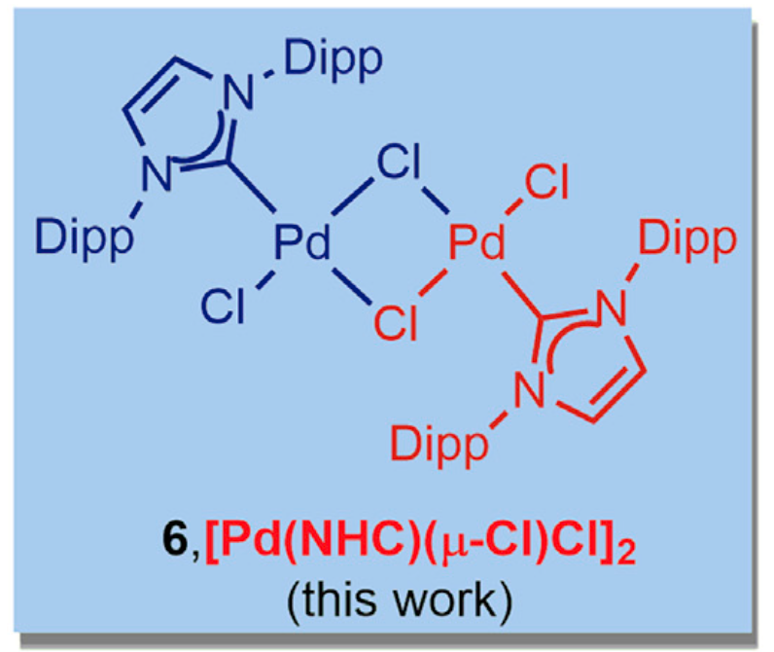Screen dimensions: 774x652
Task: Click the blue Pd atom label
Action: pyautogui.click(x=301, y=241)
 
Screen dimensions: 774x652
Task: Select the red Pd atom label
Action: pyautogui.click(x=476, y=241)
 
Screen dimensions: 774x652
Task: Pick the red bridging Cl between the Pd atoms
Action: pyautogui.click(x=396, y=322)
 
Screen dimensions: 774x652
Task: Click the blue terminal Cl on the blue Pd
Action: pyautogui.click(x=223, y=306)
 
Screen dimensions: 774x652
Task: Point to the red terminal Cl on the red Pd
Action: pyautogui.click(x=546, y=182)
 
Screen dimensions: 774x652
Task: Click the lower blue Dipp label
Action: pyautogui.click(x=85, y=240)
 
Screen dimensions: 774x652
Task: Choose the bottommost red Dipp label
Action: pyautogui.click(x=440, y=446)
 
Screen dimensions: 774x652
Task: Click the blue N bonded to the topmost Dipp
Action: pyautogui.click(x=239, y=91)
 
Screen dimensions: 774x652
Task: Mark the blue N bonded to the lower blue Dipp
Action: pyautogui.click(x=157, y=173)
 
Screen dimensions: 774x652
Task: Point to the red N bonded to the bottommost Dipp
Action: pyautogui.click(x=529, y=389)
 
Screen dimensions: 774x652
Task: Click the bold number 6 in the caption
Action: pyautogui.click(x=175, y=540)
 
